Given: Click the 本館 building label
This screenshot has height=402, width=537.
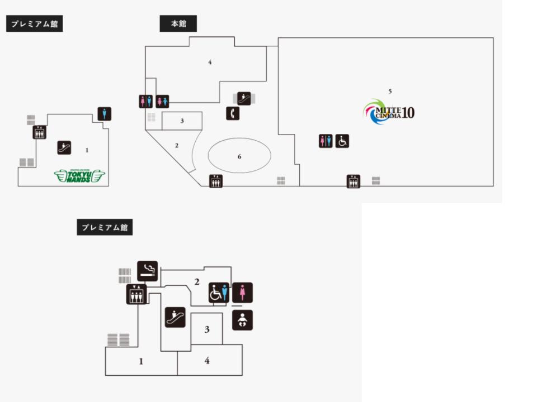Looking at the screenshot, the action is point(178,24).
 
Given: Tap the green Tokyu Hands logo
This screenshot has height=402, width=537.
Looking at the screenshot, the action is point(79,176).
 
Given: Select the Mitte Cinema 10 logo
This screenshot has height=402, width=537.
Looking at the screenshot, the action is point(389,112).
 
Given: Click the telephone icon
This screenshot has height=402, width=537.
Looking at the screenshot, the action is point(233,113).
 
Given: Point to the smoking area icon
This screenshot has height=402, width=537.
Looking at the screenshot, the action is point(147,271).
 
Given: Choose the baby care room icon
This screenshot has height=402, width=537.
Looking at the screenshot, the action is point(242,320).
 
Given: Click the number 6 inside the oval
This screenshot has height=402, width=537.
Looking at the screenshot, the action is point(239,156).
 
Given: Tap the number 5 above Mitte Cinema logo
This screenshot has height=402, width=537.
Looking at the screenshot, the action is point(390,90).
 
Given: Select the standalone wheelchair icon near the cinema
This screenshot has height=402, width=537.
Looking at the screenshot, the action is point(342,141).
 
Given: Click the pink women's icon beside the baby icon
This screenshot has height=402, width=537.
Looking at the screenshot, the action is point(242,293).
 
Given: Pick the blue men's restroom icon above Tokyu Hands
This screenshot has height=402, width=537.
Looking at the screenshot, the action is point(104,114).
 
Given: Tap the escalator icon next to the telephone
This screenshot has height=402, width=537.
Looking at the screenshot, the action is point(244,98).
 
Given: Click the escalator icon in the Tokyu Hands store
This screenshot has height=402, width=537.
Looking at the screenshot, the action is point(64,147).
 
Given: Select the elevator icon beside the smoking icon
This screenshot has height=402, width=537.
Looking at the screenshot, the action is point(136,294).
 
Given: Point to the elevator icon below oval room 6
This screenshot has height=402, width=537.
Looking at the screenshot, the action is point(216,181).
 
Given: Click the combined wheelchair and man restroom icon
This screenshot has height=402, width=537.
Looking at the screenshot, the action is point(219,293).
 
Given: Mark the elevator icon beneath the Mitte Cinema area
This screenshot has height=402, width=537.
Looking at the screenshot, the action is point(353,181).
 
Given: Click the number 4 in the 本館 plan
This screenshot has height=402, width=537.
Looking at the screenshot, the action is point(210,62).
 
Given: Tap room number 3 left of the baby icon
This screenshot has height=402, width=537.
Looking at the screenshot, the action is point(206,329).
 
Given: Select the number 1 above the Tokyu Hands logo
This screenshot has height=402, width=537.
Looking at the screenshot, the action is point(87,150).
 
